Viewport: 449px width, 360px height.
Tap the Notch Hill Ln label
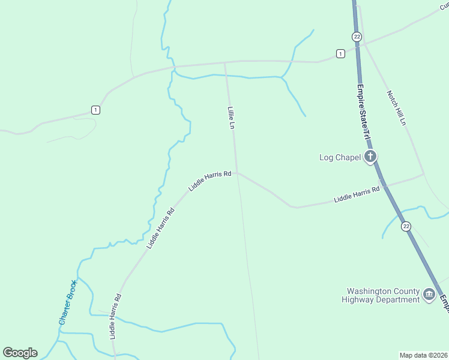coord(397,107)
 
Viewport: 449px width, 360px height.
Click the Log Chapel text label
coord(340,158)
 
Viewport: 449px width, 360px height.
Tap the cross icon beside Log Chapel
coord(370,157)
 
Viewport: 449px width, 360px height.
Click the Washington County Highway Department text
coord(380,295)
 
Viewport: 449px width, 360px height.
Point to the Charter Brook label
coord(67,302)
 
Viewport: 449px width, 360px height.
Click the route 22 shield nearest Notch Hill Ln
coord(357,37)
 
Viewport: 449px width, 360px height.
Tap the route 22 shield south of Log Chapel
coord(406,226)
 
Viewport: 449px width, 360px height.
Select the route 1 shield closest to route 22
coord(340,53)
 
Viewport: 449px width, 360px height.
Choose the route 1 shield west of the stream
coord(95,110)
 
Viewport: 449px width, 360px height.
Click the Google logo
coord(20,353)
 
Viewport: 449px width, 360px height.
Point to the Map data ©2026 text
coord(423,355)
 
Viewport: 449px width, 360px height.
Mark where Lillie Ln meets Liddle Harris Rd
coord(236,173)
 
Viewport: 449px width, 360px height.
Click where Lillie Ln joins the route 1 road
coord(225,62)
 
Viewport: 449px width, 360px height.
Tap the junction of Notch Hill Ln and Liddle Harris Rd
coord(424,174)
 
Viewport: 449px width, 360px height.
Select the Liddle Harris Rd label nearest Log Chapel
coord(357,194)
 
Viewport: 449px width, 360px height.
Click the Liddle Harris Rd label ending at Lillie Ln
coord(210,180)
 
